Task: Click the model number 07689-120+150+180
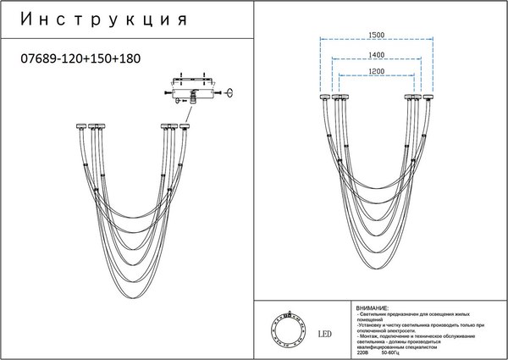coord(79,59)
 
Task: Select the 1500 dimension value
coord(377,35)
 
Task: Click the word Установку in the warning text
coord(373,324)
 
